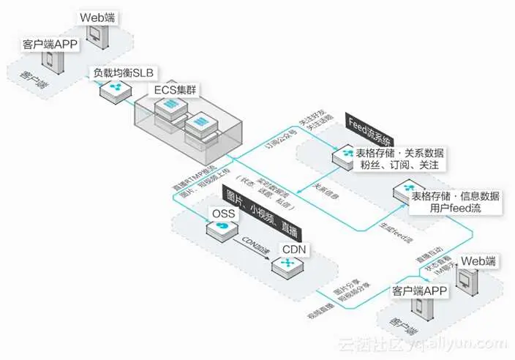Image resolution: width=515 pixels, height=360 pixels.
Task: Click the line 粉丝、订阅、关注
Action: pos(402,167)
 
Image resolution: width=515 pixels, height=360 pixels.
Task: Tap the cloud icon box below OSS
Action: pos(219,231)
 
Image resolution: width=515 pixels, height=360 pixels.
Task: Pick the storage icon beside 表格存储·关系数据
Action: pos(343,157)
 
